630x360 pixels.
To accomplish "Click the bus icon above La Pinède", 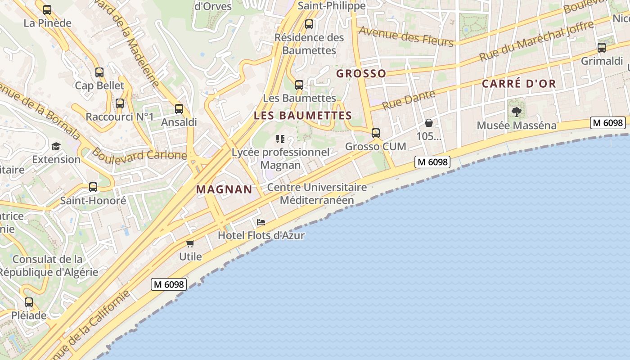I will coord(47,10).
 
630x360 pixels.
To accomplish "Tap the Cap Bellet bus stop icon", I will coord(99,72).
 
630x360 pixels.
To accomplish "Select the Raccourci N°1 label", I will coord(120,117).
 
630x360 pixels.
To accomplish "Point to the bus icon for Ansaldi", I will coord(179,108).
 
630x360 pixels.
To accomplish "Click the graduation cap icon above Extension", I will coord(56,146).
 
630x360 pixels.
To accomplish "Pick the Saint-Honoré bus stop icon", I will coord(93,187).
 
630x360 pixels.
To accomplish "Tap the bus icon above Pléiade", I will coord(29,302).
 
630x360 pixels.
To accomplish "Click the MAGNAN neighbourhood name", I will coord(224,189).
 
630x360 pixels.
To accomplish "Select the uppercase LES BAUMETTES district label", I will coord(302,116).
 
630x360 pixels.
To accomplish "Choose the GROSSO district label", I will coord(361,74).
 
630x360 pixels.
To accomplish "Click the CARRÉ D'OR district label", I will coord(519,84).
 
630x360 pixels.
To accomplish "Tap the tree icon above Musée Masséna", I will coord(517,112).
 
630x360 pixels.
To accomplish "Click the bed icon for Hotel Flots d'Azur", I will coord(261,222).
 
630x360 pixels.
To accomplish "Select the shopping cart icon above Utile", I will coord(190,243).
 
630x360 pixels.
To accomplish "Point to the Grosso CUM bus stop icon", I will coord(376,133).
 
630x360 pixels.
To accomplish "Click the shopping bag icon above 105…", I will coord(429,123).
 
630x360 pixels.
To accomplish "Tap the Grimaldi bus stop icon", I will coord(602,48).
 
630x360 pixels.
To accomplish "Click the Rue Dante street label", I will coord(409,100).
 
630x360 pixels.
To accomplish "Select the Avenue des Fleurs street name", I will coord(406,36).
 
